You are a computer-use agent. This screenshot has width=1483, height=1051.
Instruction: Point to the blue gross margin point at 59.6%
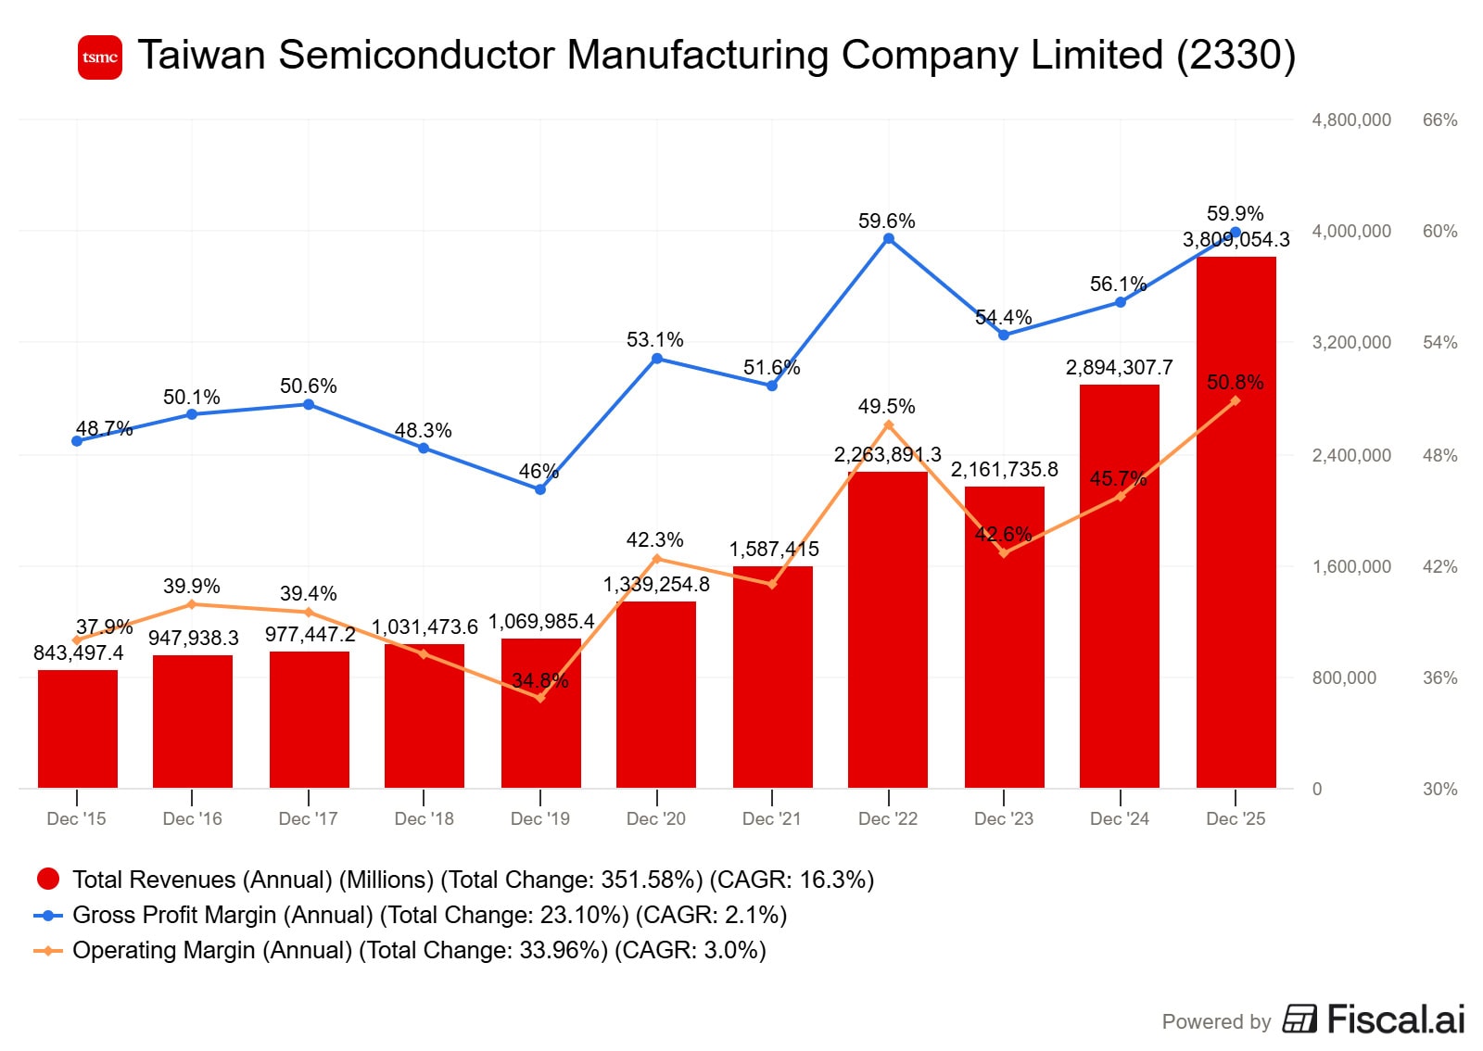[x=888, y=239]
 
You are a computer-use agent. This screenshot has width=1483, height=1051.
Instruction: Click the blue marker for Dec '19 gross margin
[x=540, y=489]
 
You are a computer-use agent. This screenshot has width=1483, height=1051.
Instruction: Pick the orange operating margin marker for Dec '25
[x=1236, y=400]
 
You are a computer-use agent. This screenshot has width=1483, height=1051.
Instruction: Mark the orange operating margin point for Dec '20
[x=656, y=559]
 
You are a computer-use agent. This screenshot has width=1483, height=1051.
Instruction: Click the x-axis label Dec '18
[x=424, y=818]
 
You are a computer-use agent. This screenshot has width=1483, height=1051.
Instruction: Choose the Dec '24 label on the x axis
[x=1119, y=818]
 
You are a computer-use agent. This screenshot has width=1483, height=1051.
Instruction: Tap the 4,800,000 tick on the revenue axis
[x=1350, y=120]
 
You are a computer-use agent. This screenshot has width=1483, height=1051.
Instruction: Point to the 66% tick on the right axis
[x=1439, y=120]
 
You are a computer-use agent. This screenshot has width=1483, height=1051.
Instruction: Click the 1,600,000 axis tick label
[x=1350, y=566]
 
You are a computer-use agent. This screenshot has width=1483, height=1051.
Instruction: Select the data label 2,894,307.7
[x=1119, y=368]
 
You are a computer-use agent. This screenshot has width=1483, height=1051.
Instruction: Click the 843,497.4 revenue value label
[x=79, y=652]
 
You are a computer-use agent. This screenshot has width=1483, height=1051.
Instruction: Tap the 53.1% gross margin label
[x=654, y=340]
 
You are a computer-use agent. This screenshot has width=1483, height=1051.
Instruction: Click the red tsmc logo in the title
[x=100, y=57]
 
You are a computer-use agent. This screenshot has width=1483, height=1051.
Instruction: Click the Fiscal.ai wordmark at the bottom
[x=1395, y=1019]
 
